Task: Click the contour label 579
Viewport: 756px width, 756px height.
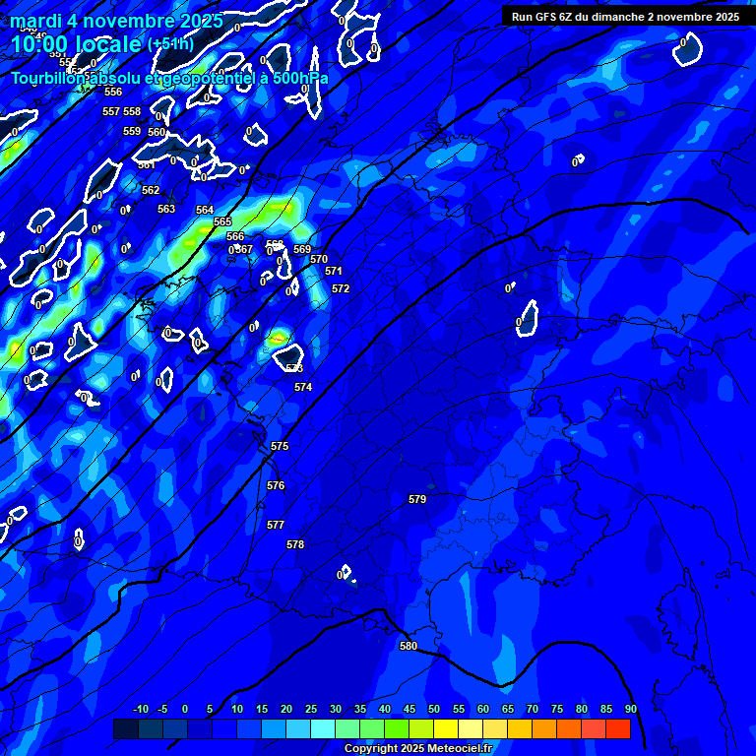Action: (417, 500)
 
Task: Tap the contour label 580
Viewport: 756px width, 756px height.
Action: (409, 647)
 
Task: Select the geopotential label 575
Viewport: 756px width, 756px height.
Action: (280, 447)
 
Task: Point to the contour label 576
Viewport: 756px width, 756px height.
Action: (276, 486)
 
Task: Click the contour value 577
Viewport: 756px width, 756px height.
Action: (276, 526)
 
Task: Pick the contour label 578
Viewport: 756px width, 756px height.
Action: (295, 545)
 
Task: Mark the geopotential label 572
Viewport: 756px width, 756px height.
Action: (341, 289)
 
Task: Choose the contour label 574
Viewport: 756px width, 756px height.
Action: (303, 388)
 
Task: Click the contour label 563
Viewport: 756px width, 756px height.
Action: (166, 210)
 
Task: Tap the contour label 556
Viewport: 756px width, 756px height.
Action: (113, 92)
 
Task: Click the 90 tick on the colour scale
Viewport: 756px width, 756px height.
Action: (630, 709)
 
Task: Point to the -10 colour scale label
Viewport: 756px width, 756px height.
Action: (140, 709)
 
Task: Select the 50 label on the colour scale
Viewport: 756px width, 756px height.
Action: (433, 709)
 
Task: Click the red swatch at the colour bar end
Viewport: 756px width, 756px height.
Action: (617, 728)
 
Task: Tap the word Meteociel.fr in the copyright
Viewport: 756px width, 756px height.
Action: (455, 748)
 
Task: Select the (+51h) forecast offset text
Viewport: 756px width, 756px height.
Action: (170, 44)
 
